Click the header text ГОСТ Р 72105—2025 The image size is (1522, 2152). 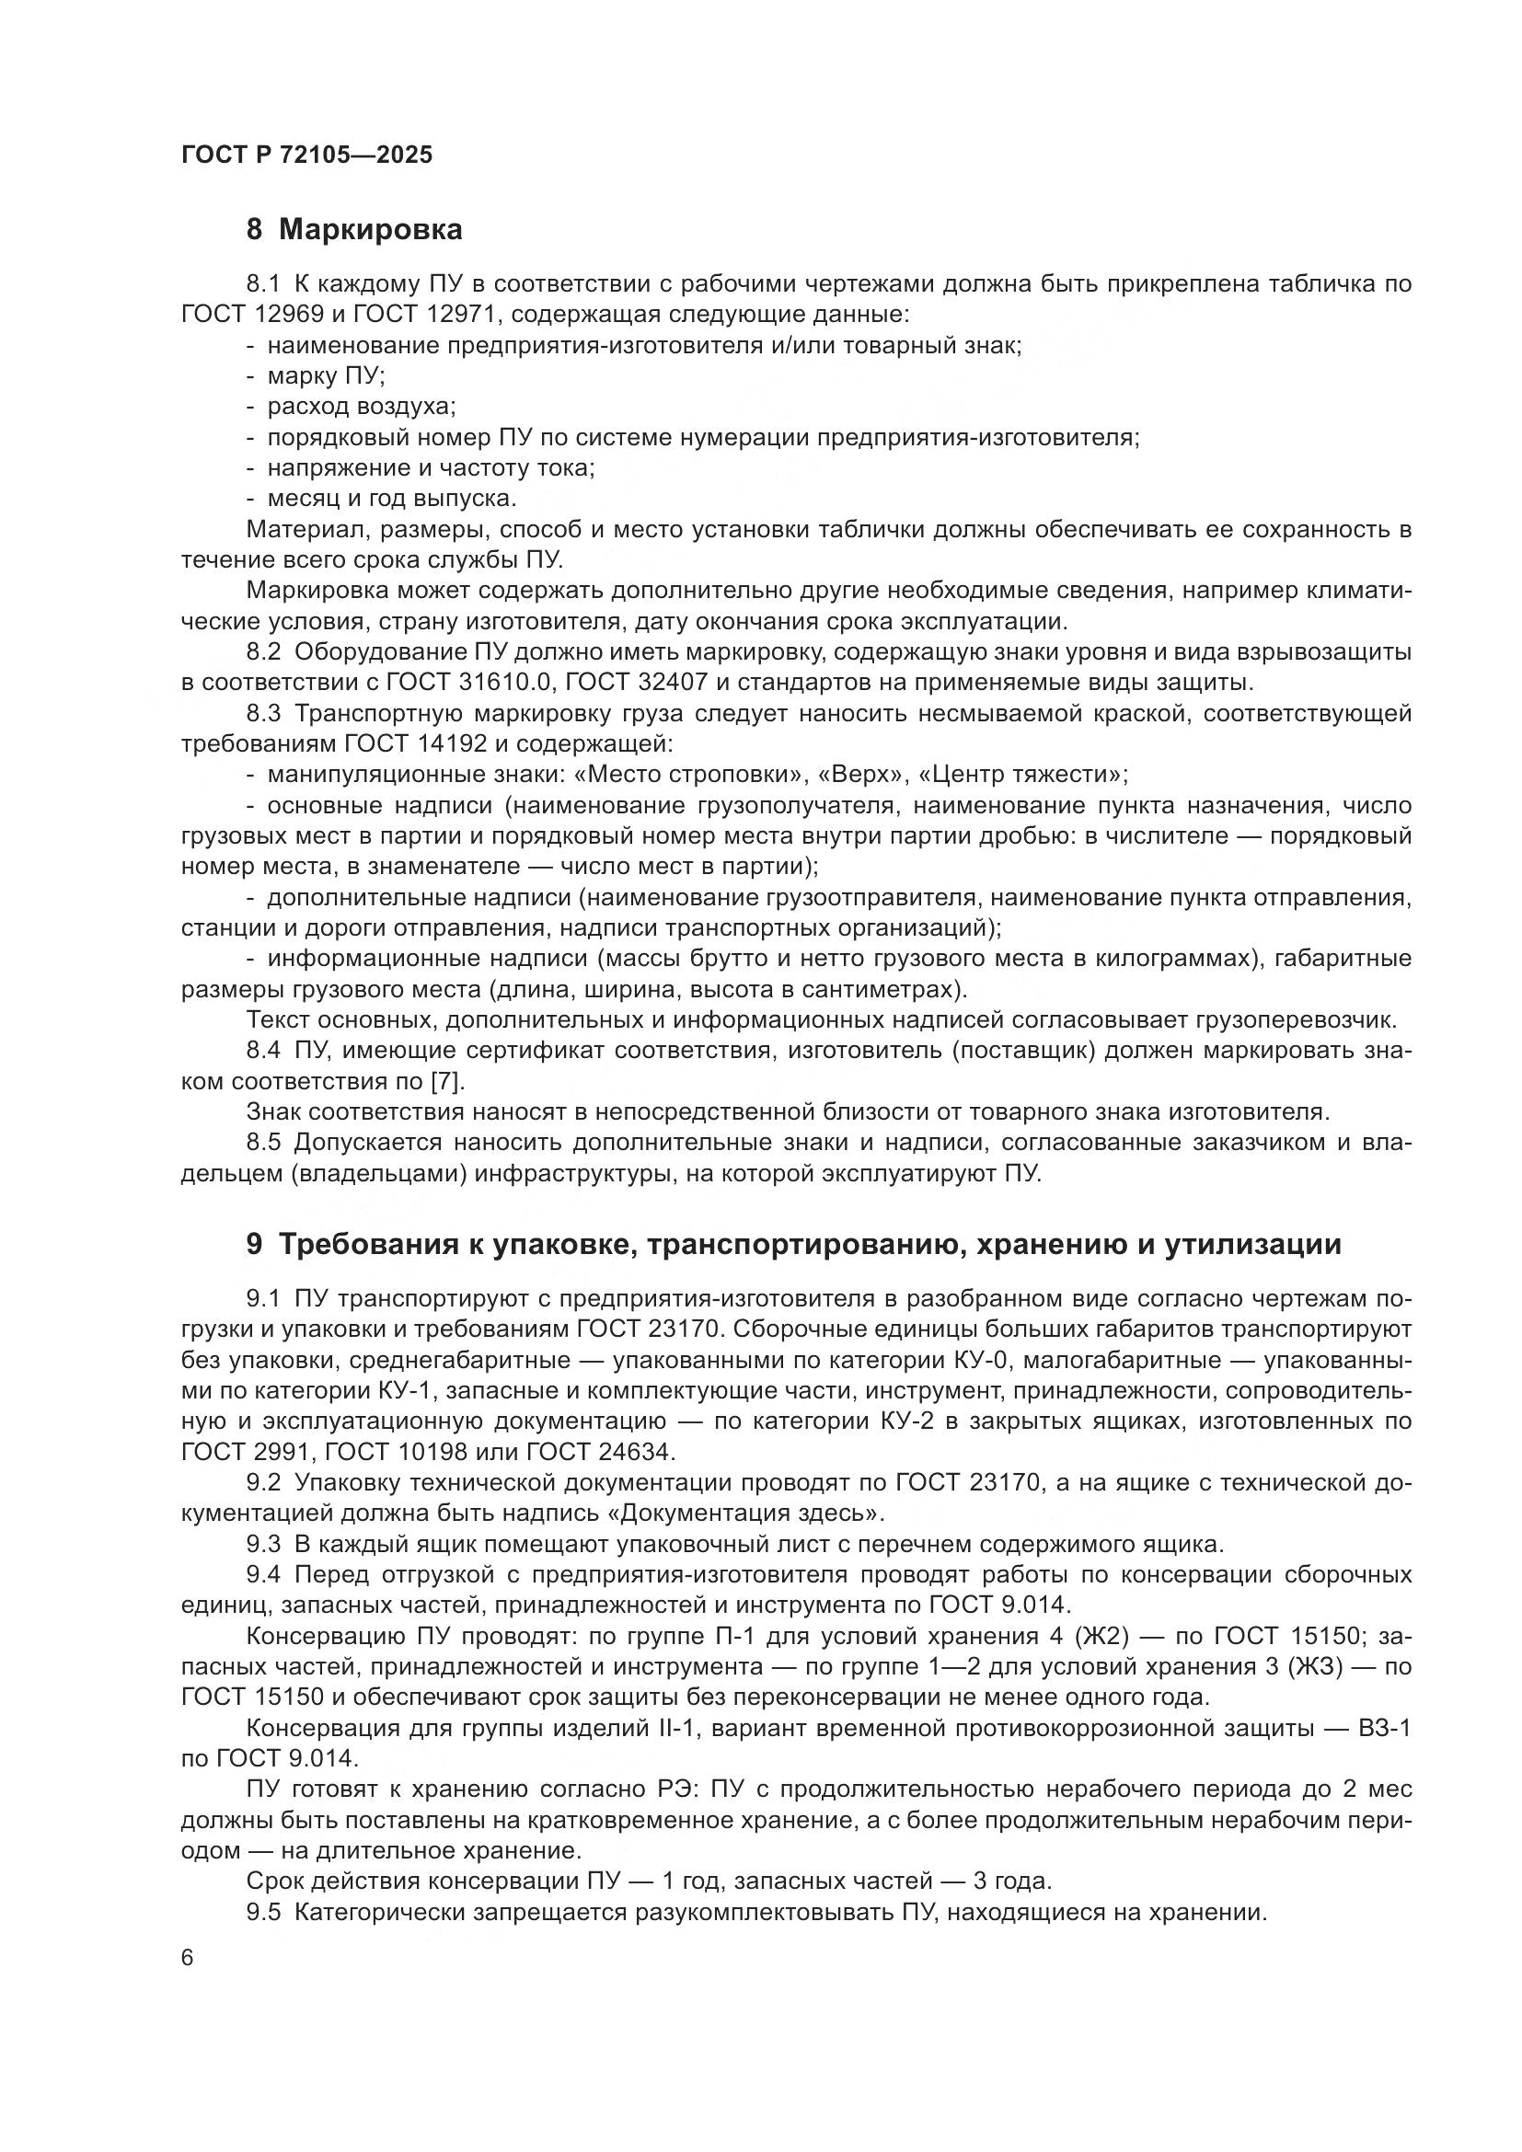tap(306, 155)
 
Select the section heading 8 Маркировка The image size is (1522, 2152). tap(353, 230)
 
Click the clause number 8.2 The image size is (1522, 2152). tap(263, 651)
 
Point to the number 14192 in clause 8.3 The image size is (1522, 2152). tap(450, 744)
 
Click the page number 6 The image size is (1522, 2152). tap(188, 1958)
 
